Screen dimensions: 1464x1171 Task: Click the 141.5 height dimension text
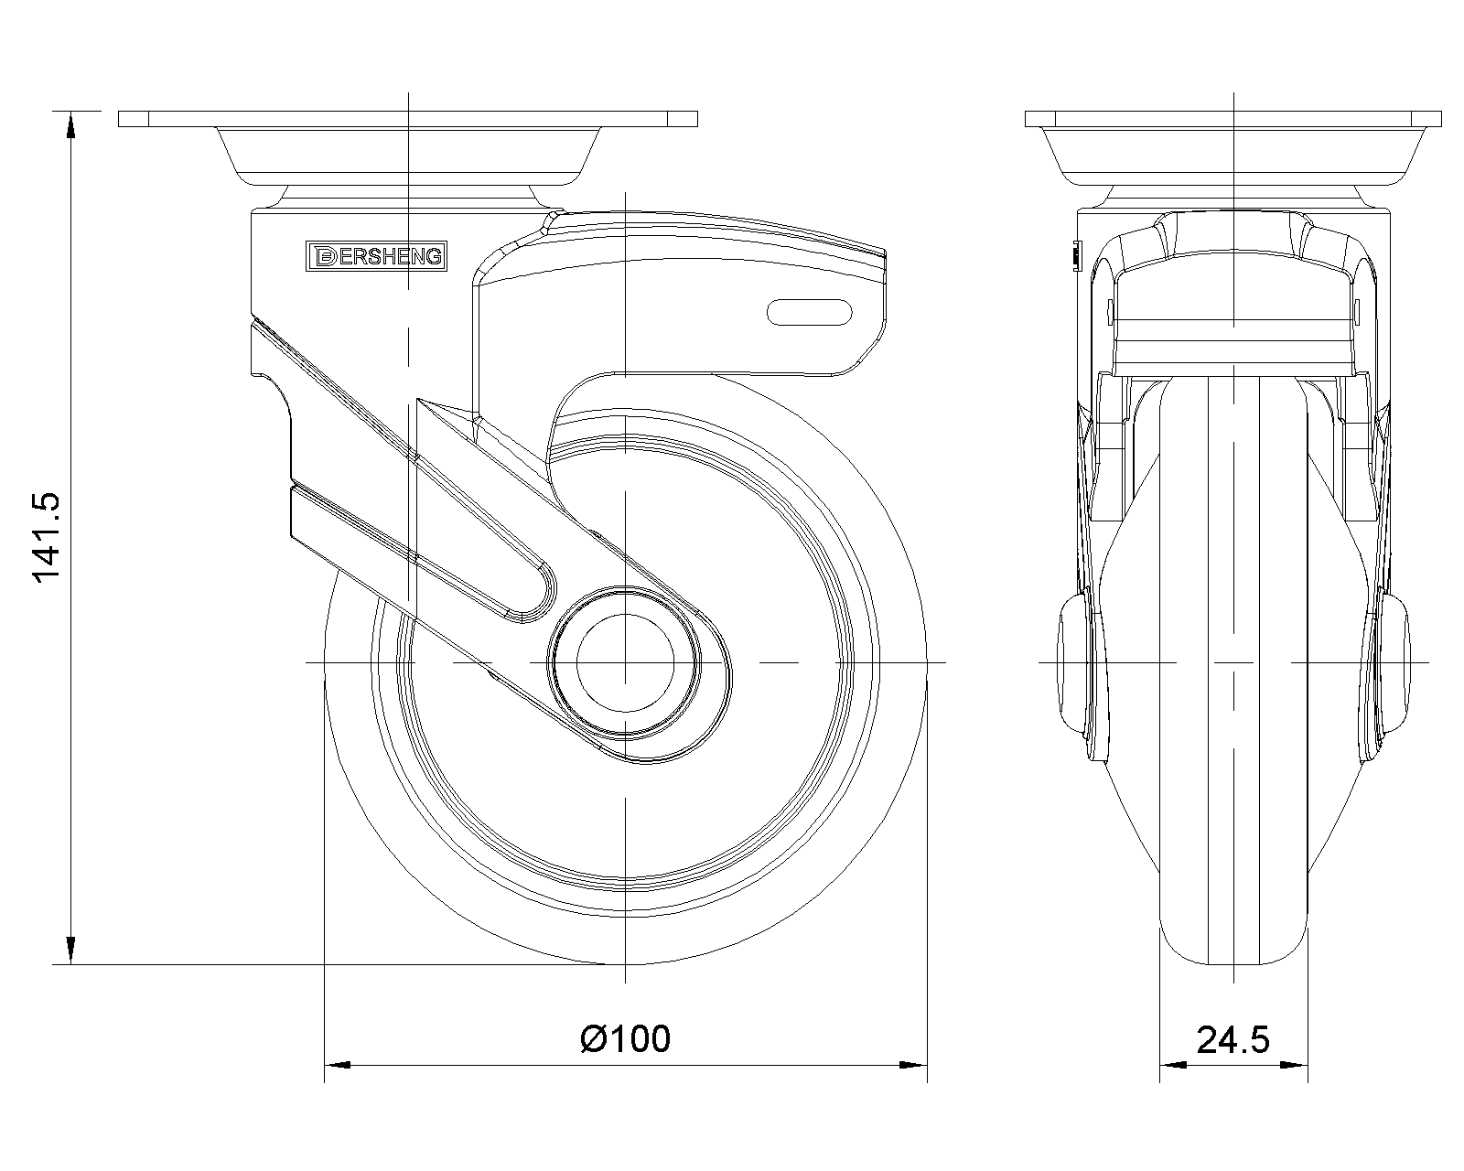47,538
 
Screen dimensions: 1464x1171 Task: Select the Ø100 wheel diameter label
625,1039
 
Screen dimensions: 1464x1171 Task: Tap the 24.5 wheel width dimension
1233,1040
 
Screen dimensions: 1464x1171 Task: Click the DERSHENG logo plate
376,256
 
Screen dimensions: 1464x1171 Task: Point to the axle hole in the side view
625,662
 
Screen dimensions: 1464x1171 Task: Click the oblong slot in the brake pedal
810,312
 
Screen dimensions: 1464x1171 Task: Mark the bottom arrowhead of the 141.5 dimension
70,950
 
